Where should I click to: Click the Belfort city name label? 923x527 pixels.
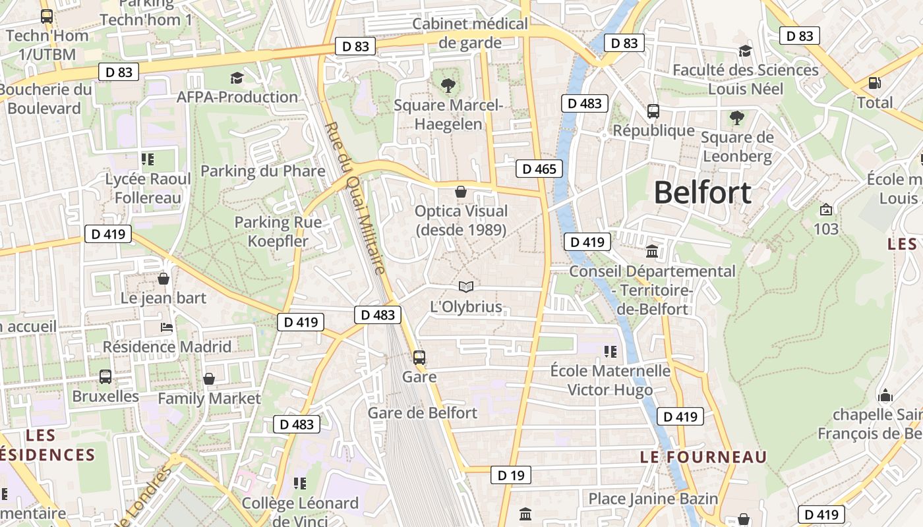pos(702,192)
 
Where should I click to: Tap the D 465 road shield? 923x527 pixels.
pos(539,169)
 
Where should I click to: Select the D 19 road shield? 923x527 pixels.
pos(510,475)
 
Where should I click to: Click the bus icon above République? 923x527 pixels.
pos(653,111)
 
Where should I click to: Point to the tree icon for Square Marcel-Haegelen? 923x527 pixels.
pos(448,85)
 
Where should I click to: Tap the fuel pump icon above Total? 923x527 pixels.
pos(875,83)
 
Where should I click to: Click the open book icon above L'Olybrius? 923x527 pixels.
pos(466,287)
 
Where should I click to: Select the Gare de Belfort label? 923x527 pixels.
pos(422,413)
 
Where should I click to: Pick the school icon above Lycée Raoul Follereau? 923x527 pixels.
pos(148,159)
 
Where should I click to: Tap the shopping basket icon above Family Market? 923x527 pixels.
pos(209,379)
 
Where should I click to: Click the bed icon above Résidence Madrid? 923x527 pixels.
pos(167,327)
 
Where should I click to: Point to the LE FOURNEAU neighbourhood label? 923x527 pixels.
pos(703,457)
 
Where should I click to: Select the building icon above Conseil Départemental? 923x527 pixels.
pos(652,251)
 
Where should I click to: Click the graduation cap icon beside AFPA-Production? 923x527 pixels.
pos(237,78)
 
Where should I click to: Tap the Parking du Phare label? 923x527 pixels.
pos(262,171)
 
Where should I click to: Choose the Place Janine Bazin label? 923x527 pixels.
pos(653,499)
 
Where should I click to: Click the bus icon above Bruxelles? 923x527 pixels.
pos(105,377)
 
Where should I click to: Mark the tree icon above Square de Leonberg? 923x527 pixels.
pos(736,118)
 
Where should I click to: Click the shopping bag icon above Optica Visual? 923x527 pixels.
pos(461,192)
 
